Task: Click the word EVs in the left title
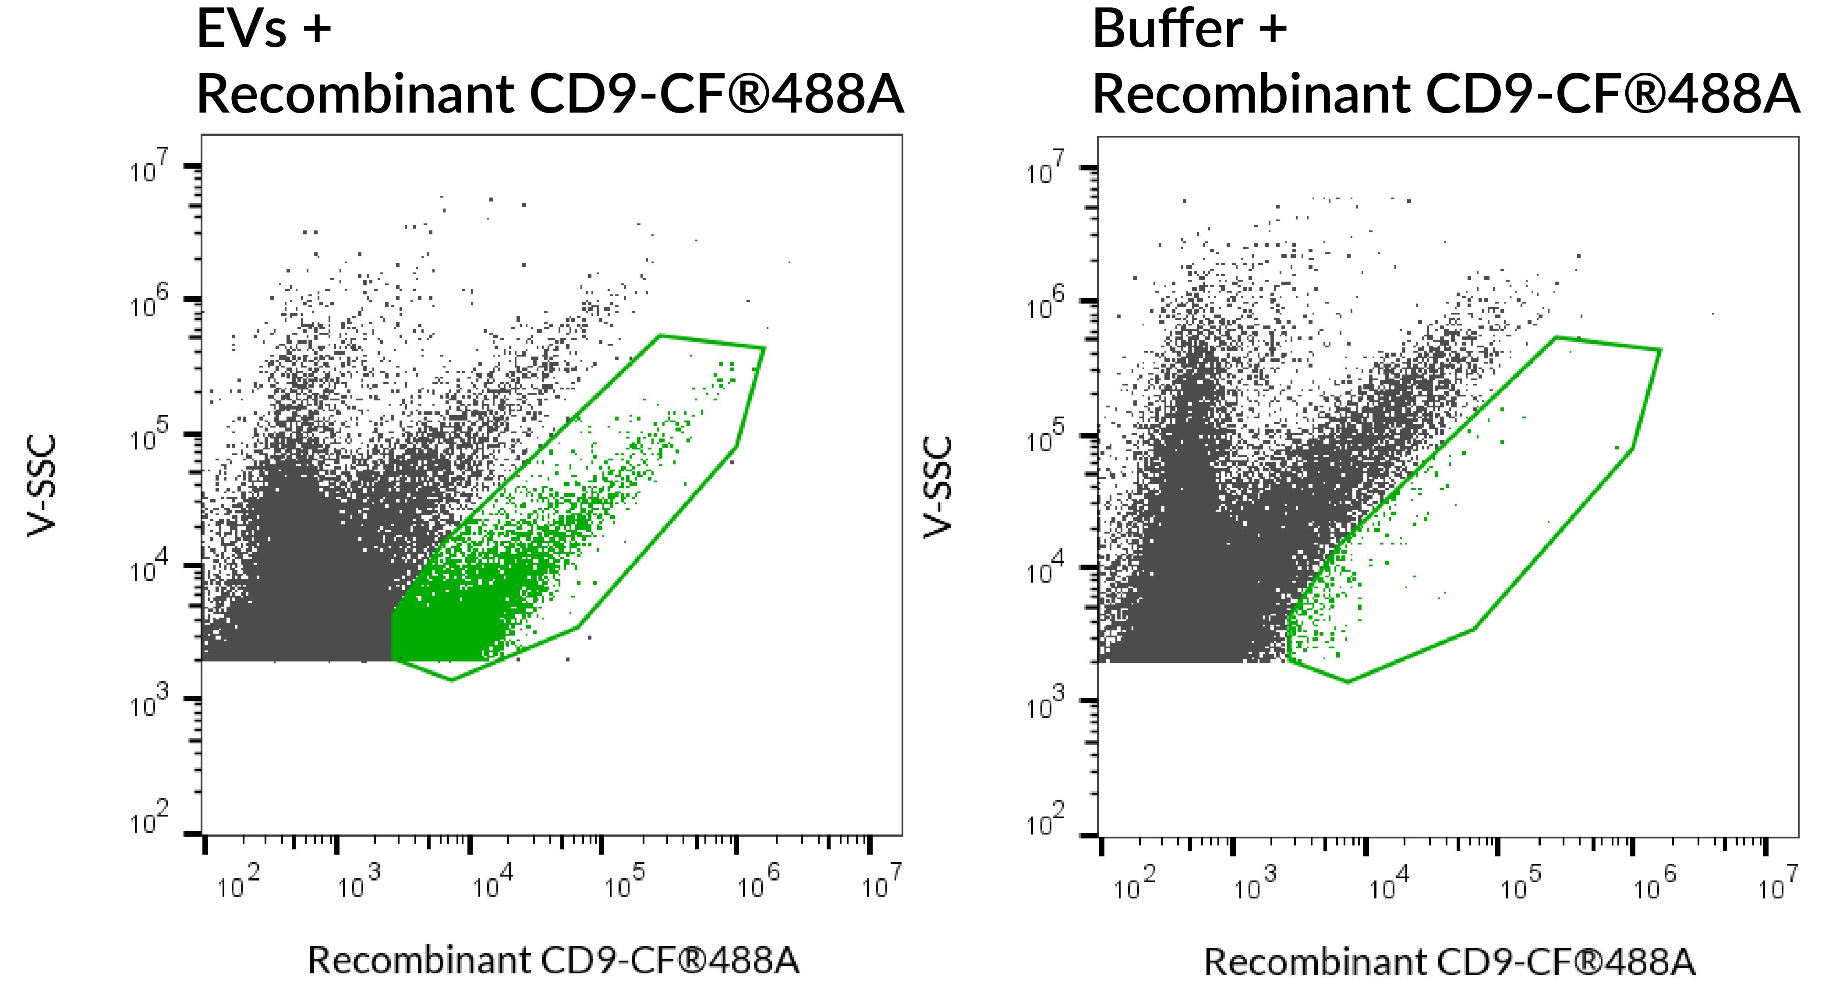pos(241,30)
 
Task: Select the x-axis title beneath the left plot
pos(553,961)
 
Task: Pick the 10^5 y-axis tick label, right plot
pos(1045,438)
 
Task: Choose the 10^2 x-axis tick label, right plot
pos(1133,884)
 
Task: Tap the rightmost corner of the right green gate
pos(1660,350)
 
